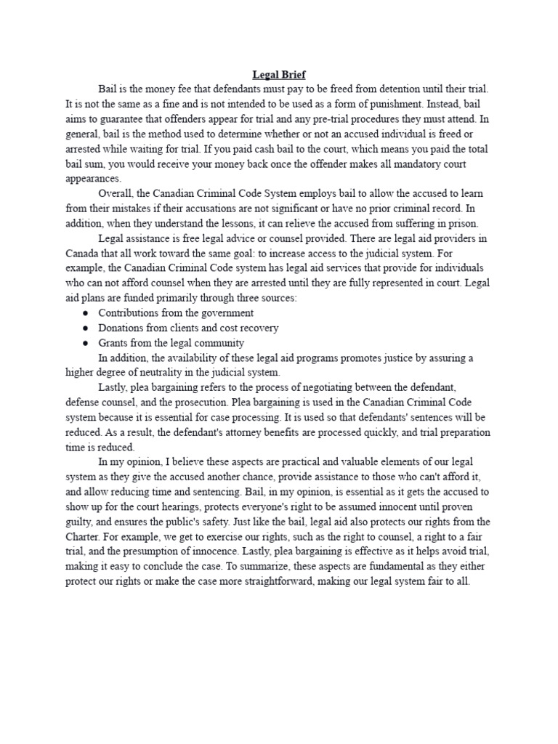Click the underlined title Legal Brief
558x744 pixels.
pyautogui.click(x=279, y=74)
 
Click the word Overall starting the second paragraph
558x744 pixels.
pyautogui.click(x=116, y=193)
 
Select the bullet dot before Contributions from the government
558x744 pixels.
pyautogui.click(x=86, y=313)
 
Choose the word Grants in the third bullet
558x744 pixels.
pyautogui.click(x=113, y=343)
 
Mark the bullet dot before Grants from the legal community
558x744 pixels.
pyautogui.click(x=86, y=343)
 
